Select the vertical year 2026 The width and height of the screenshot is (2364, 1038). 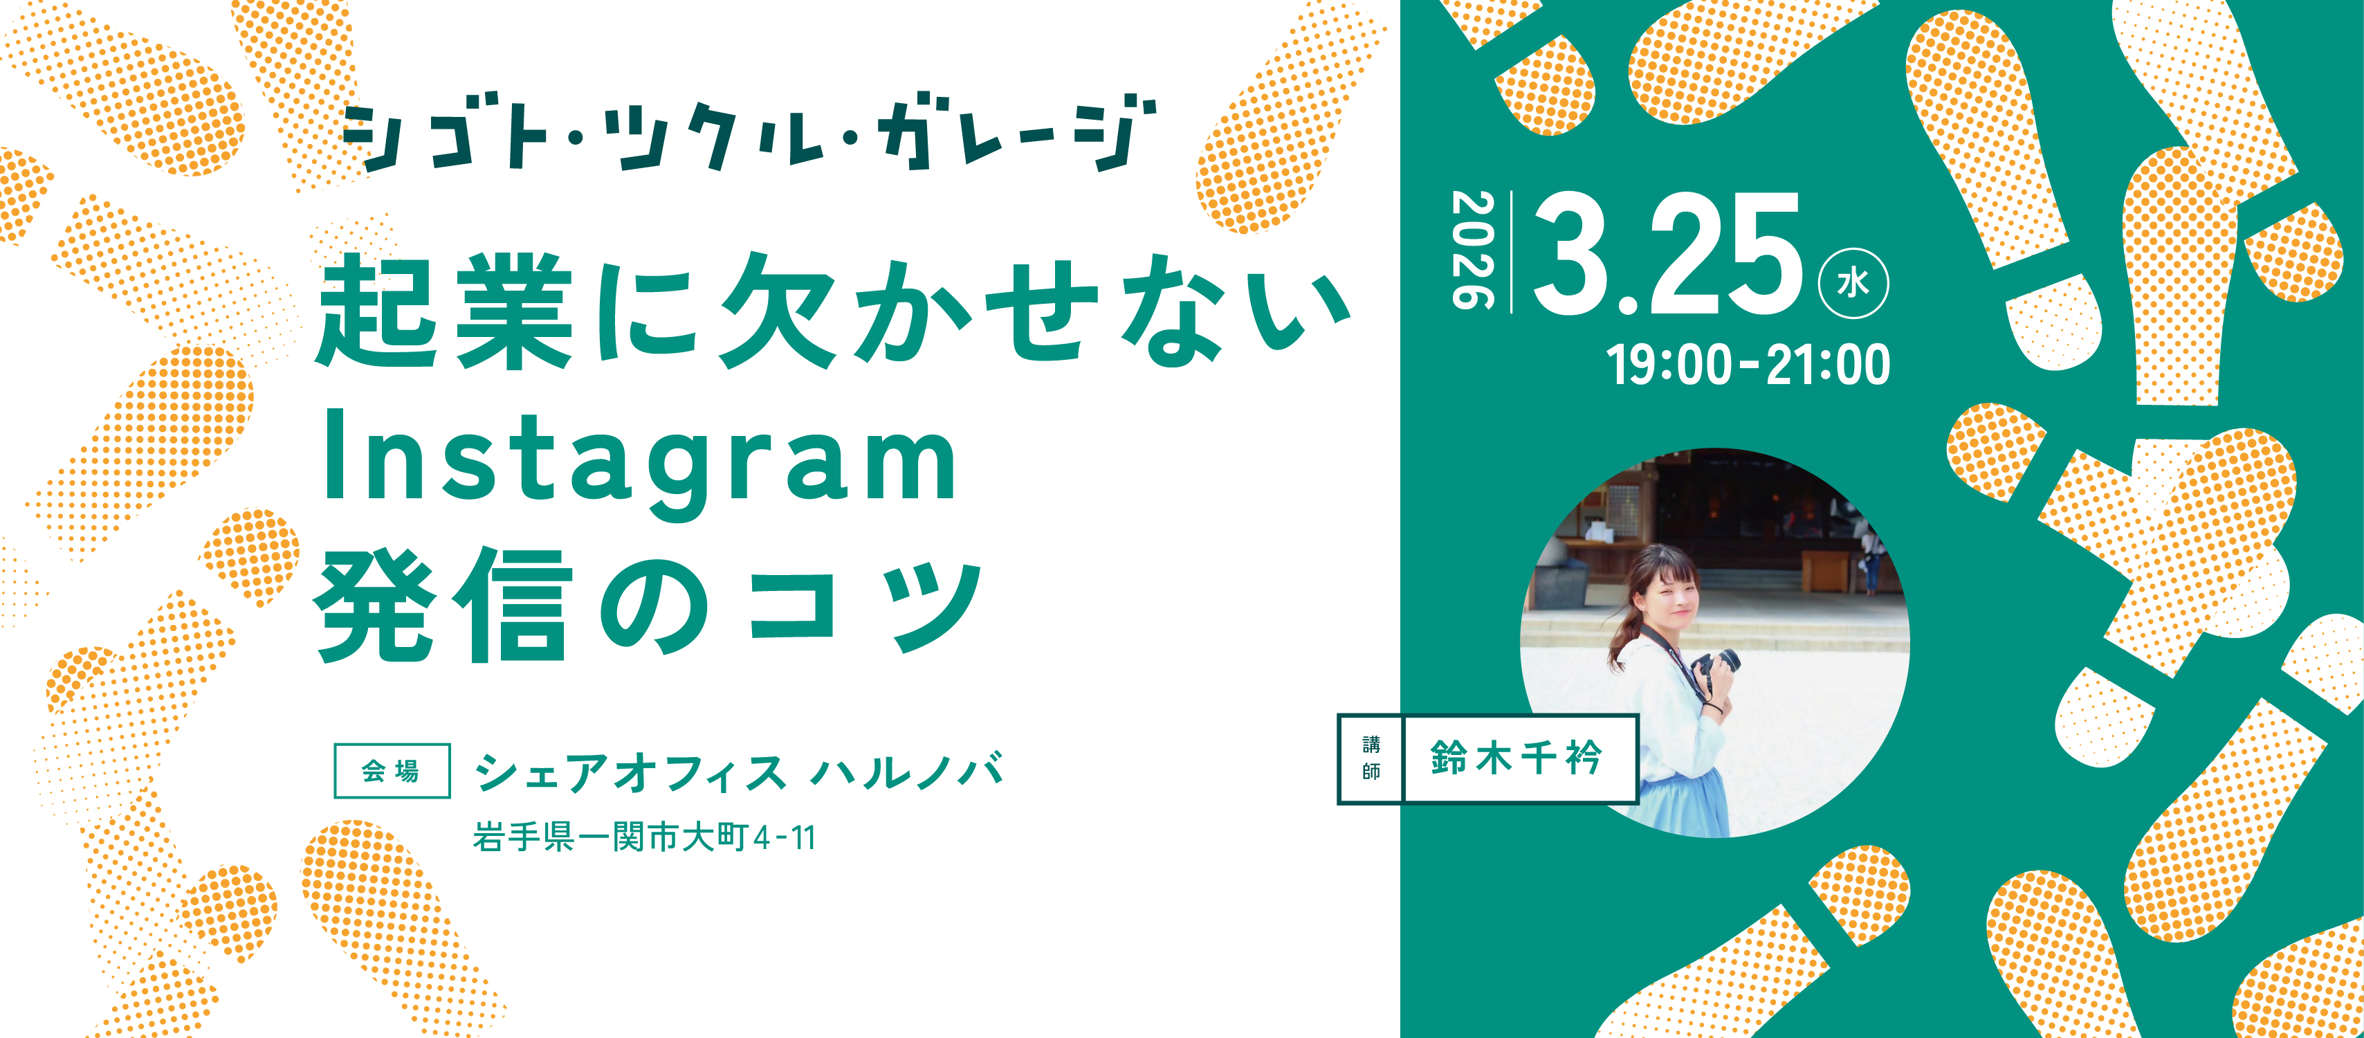point(1472,250)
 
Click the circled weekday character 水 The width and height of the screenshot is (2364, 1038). point(1853,284)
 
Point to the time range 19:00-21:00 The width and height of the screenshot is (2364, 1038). point(1748,365)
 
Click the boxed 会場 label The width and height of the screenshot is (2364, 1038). point(392,771)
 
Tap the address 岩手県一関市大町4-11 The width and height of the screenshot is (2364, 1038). point(644,837)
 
